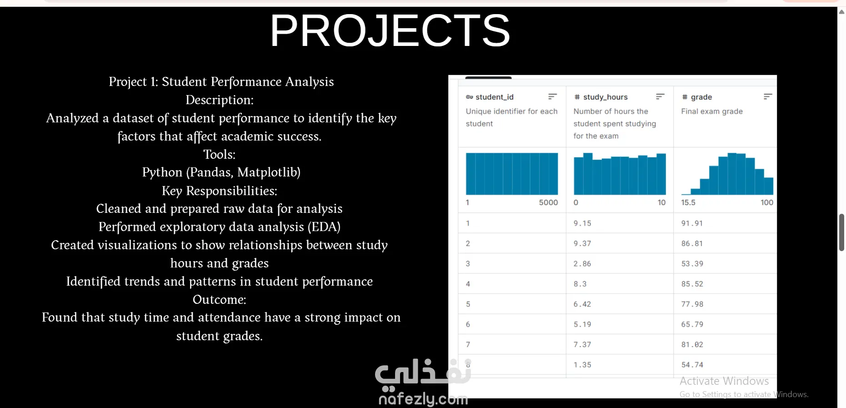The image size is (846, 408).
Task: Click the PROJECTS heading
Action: tap(390, 30)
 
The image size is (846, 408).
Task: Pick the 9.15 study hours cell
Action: tap(582, 223)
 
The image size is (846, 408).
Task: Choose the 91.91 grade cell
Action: tap(692, 223)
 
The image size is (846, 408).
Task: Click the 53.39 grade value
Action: tap(692, 264)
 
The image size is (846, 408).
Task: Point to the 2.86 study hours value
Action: tap(582, 264)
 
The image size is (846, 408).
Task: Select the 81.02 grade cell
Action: tap(692, 345)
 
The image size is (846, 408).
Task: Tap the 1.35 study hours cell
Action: tap(582, 365)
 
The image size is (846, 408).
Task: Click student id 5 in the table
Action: tap(468, 304)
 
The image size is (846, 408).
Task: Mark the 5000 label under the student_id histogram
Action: tap(548, 202)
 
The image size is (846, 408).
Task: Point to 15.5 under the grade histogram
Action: tap(688, 202)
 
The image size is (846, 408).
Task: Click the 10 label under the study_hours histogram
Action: tap(661, 202)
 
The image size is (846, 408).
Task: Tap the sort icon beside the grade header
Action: tap(768, 96)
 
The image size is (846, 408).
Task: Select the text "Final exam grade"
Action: tap(712, 111)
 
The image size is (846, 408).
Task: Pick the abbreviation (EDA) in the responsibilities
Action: tap(324, 227)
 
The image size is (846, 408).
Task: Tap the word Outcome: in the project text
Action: tap(219, 300)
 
